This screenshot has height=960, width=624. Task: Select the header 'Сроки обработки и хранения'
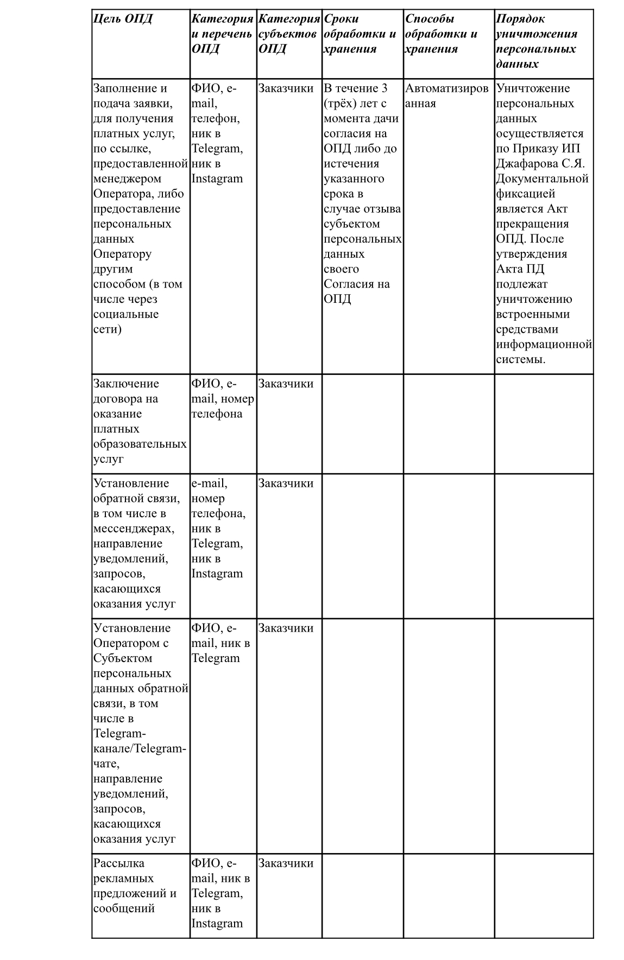click(360, 34)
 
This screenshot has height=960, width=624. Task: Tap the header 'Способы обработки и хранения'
click(441, 34)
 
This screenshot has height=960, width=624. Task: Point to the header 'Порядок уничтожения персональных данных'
click(537, 41)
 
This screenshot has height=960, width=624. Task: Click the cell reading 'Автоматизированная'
click(446, 96)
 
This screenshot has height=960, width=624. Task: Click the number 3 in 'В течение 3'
click(384, 88)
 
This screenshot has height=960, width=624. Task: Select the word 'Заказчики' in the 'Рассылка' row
click(286, 863)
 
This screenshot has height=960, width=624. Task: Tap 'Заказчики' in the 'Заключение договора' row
click(286, 384)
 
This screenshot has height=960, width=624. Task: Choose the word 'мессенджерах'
click(134, 529)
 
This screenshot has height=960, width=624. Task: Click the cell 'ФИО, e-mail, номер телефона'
click(222, 399)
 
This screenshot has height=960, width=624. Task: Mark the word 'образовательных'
click(140, 444)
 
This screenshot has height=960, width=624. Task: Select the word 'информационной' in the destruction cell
click(544, 344)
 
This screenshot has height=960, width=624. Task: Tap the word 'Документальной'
click(542, 179)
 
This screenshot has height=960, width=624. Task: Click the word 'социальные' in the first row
click(126, 314)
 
